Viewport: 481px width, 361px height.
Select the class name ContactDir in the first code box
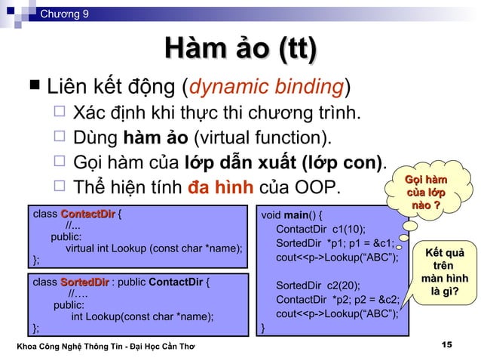[x=87, y=214]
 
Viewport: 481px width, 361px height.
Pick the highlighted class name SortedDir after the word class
[x=84, y=283]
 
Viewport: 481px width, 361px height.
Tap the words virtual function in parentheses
[x=261, y=138]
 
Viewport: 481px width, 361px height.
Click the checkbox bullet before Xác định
[x=60, y=114]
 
